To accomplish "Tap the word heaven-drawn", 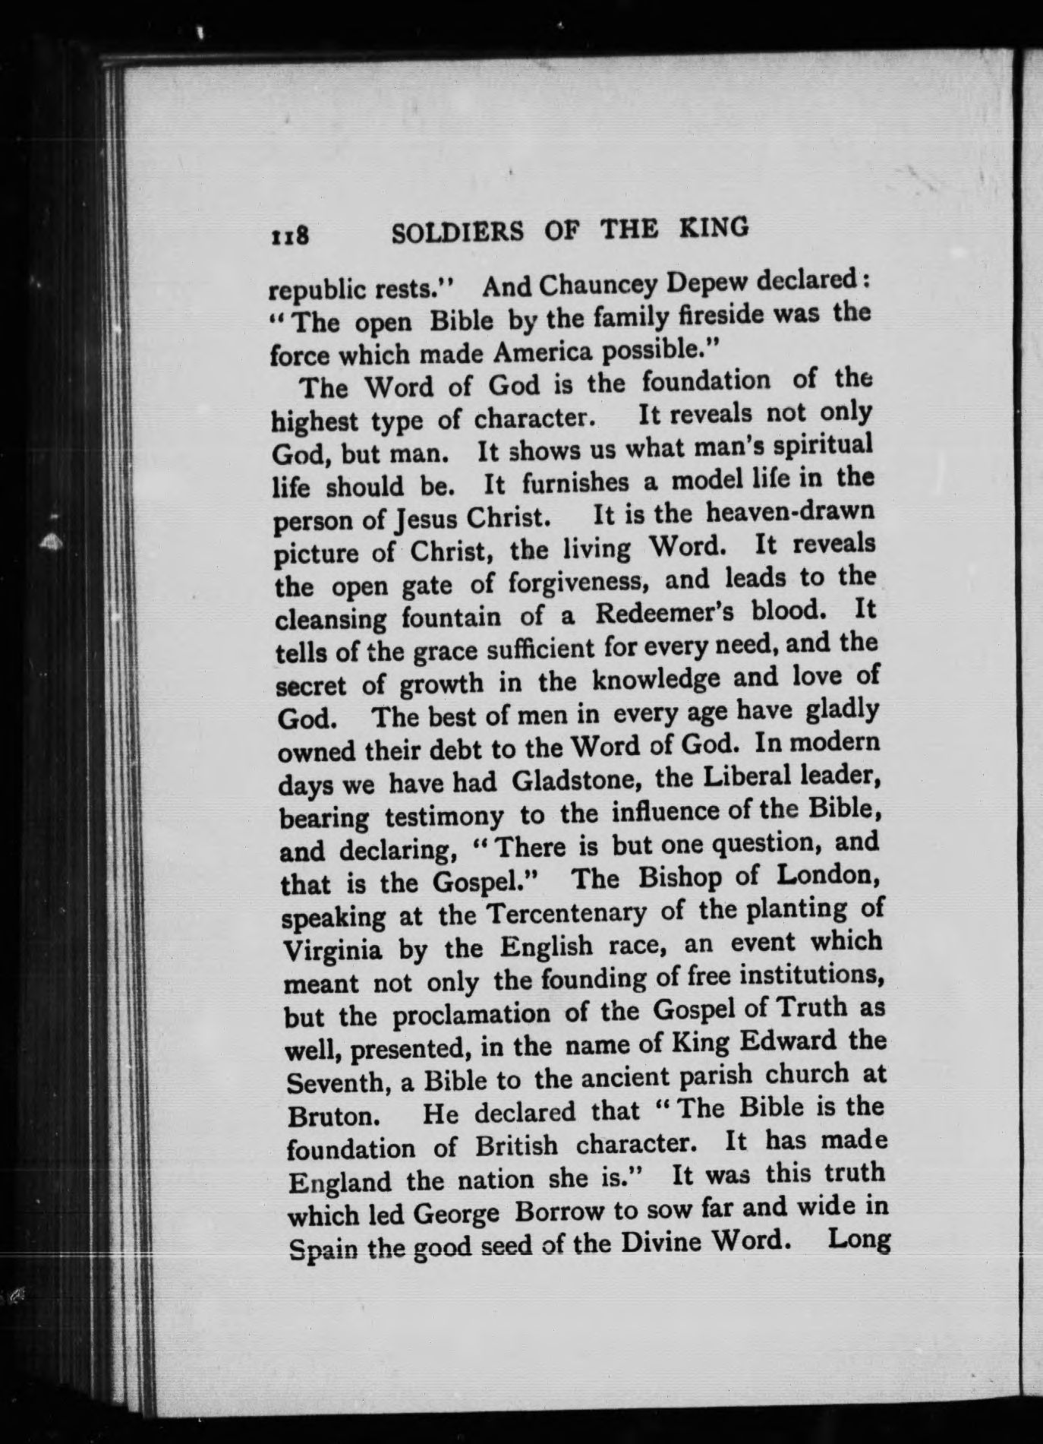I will click(x=790, y=513).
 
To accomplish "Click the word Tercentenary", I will click(x=566, y=913).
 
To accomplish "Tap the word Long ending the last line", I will click(x=859, y=1240).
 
